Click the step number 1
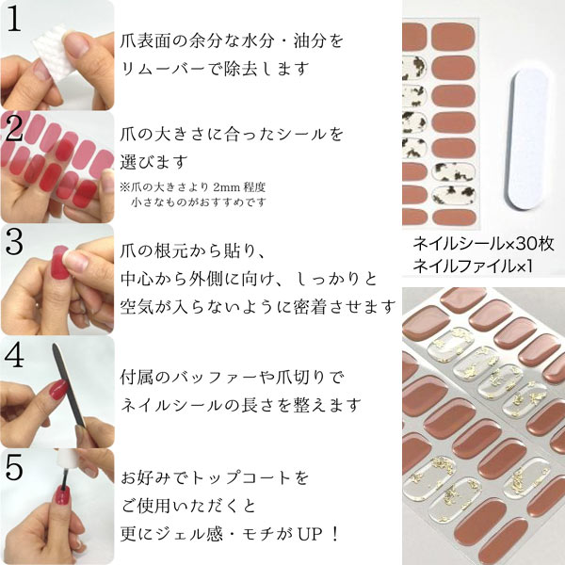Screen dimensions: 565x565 [16, 21]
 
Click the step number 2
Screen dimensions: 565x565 [16, 133]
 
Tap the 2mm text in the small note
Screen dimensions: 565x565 [251, 186]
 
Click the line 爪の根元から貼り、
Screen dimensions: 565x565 [195, 250]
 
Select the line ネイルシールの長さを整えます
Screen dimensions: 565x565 [241, 405]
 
